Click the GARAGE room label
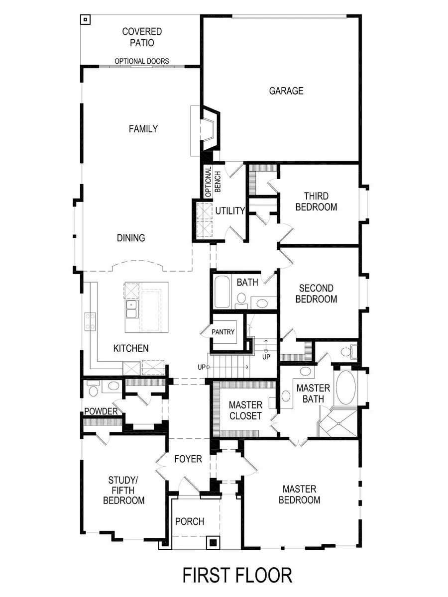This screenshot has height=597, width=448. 286,91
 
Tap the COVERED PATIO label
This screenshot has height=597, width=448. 142,37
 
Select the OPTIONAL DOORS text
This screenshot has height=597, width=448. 142,61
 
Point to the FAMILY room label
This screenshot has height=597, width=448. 143,129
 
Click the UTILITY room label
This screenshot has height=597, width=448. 230,211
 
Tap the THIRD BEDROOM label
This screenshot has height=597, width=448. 316,201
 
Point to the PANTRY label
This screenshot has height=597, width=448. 223,332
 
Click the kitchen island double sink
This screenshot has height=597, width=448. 132,308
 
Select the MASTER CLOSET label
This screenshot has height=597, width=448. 245,410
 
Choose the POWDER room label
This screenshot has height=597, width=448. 101,411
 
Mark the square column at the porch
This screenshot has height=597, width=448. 213,543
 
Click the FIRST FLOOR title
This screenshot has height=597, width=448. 237,575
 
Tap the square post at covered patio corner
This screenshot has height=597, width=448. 86,20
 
